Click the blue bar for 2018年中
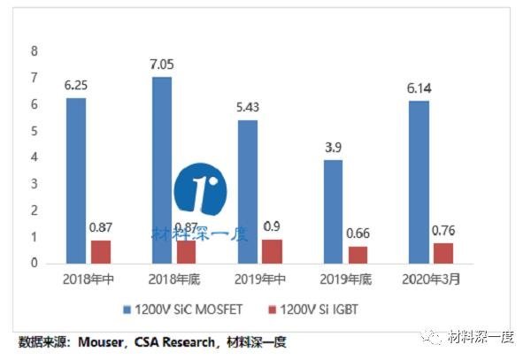75,180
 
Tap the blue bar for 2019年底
332,211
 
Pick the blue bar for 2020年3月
418,182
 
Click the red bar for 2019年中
272,251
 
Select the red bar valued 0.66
357,255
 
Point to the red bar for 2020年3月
442,253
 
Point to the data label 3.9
332,148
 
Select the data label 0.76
442,230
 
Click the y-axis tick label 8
35,51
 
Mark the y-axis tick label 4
35,157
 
